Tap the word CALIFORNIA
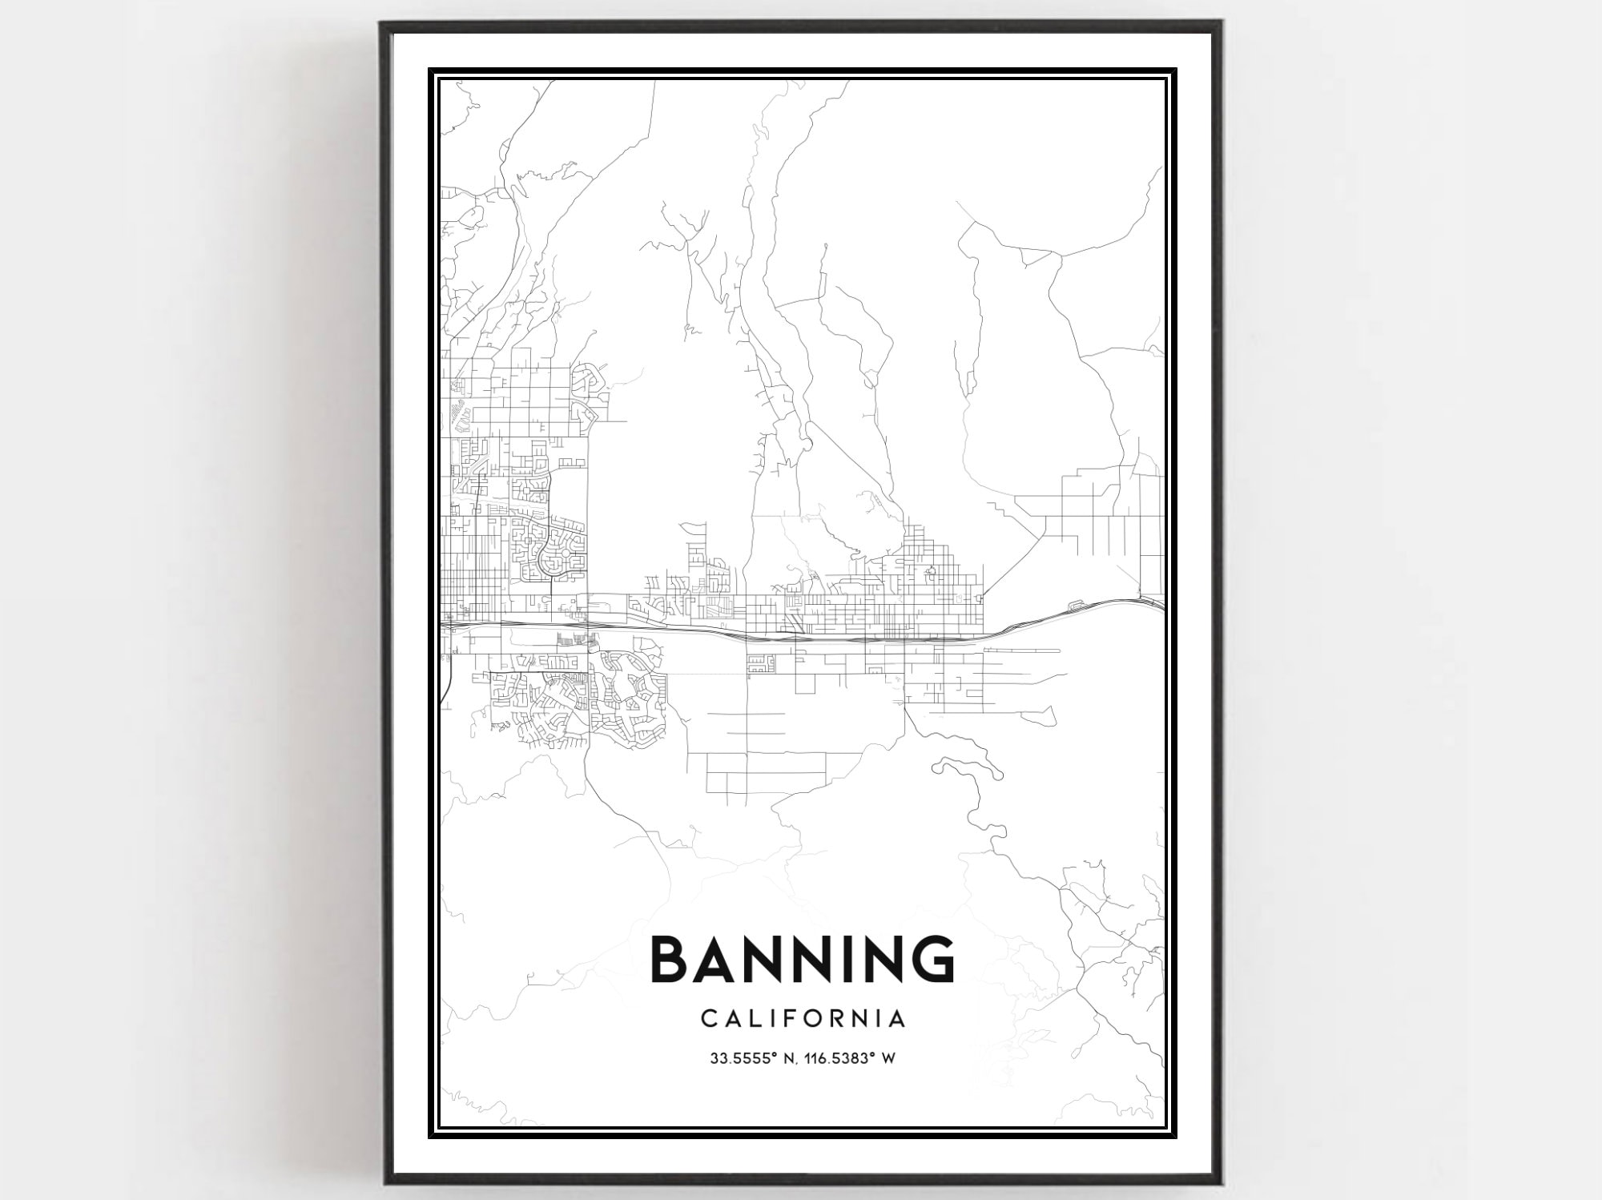(x=803, y=1019)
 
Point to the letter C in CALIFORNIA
(x=708, y=1019)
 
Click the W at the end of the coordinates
(x=888, y=1058)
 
